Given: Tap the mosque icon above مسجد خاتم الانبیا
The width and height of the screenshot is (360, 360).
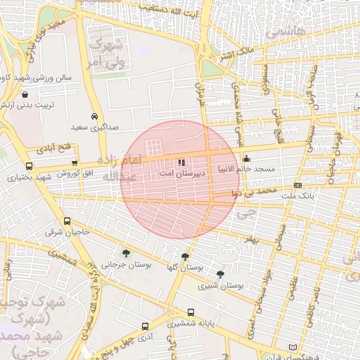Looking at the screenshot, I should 245,158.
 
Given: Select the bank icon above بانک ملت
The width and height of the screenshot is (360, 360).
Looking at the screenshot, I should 298,185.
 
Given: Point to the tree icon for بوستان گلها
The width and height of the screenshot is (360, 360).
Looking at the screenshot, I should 185,257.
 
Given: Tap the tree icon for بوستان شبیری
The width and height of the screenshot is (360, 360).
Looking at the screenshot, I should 221,274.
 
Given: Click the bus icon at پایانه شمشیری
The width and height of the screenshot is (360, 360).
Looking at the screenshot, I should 145,326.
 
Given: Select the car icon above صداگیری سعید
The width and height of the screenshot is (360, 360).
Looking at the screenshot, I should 94,117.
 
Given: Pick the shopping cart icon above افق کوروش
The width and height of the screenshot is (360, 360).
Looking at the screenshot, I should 74,163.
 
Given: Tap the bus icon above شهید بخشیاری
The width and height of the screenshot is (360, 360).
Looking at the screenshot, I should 29,167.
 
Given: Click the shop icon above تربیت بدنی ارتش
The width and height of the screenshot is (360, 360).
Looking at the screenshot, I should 25,94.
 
